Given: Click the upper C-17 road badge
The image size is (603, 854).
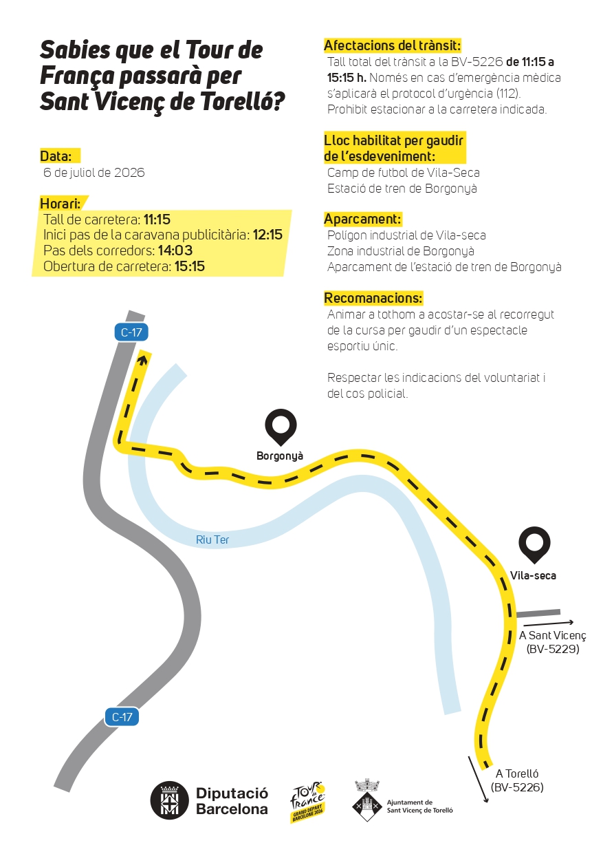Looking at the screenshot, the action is (x=131, y=332).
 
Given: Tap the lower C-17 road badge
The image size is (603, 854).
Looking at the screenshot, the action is (x=122, y=717).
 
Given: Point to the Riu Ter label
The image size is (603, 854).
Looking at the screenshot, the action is (x=212, y=540).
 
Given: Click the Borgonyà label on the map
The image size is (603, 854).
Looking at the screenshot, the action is (x=280, y=456).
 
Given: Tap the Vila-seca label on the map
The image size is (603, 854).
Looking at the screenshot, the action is (x=533, y=575).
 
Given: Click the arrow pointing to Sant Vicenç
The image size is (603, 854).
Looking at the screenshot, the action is (x=549, y=623).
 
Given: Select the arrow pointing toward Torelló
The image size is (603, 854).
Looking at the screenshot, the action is (x=478, y=779).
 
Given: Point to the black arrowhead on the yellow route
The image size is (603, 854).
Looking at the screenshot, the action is (x=143, y=359).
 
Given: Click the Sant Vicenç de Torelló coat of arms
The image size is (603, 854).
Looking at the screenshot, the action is (x=367, y=800).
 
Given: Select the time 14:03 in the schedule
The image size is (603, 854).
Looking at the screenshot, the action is (x=175, y=250).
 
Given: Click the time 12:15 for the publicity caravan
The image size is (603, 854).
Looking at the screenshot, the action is (x=267, y=235).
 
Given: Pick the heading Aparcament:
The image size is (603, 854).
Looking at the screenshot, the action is (x=362, y=219).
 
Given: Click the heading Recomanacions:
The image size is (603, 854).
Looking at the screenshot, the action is (x=373, y=298).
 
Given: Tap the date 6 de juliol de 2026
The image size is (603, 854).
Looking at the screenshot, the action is (x=94, y=172).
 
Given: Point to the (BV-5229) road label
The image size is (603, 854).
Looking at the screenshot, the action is (x=553, y=649).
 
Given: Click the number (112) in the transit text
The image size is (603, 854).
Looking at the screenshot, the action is (x=509, y=94).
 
